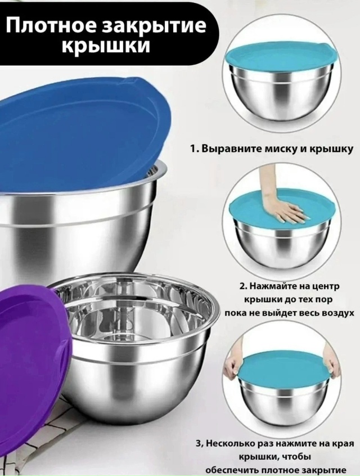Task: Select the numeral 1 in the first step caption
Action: (x=193, y=149)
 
